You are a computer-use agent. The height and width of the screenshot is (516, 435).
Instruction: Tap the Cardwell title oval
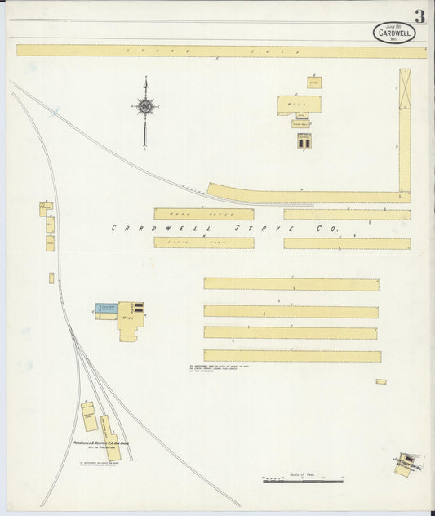[394, 33]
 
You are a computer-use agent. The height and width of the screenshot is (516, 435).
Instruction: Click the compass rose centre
[145, 105]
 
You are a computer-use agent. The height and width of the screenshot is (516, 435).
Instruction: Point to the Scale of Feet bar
[304, 482]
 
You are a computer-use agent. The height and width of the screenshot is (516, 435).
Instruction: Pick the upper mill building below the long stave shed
[299, 105]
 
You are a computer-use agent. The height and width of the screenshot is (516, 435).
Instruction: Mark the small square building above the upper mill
[314, 82]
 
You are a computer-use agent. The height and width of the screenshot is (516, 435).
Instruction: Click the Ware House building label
[193, 214]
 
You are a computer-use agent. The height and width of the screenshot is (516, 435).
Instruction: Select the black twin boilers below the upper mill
[303, 143]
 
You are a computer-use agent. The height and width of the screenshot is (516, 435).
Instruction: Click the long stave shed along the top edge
[220, 51]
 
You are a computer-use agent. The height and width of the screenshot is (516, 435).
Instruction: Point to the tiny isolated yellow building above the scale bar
[381, 381]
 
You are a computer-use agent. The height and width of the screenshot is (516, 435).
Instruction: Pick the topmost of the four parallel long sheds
[291, 284]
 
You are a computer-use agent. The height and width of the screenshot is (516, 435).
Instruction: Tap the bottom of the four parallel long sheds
[292, 356]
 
